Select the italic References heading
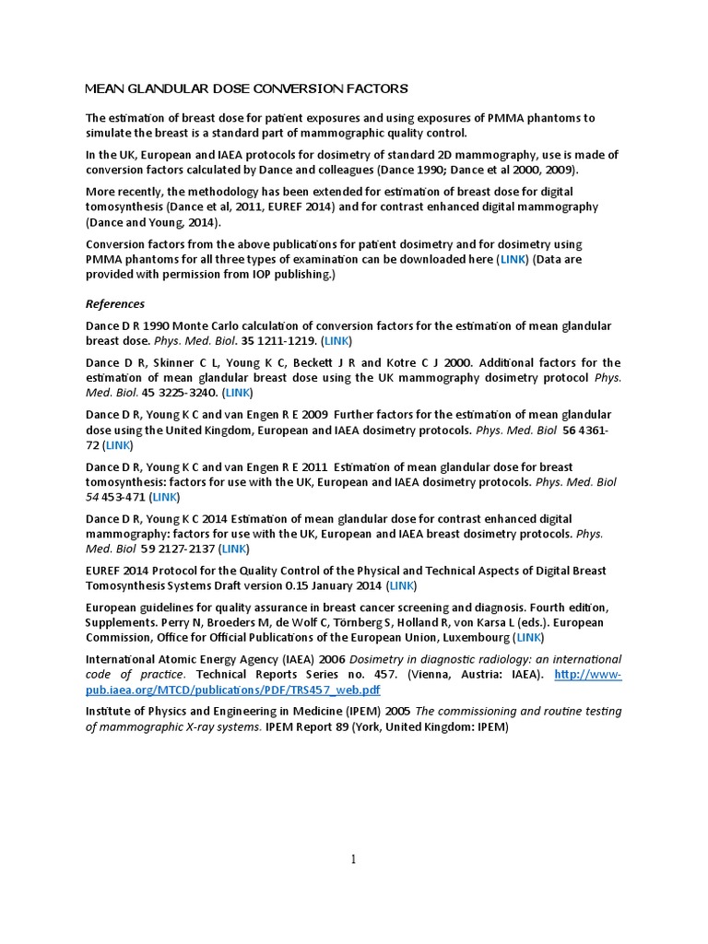tap(115, 304)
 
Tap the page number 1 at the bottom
tap(352, 859)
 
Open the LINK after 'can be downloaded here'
tap(512, 260)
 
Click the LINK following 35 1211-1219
tap(336, 341)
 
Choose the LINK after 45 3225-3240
tap(239, 393)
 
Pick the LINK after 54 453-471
tap(165, 497)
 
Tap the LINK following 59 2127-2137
tap(234, 549)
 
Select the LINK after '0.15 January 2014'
tap(402, 585)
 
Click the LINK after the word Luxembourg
tap(528, 637)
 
